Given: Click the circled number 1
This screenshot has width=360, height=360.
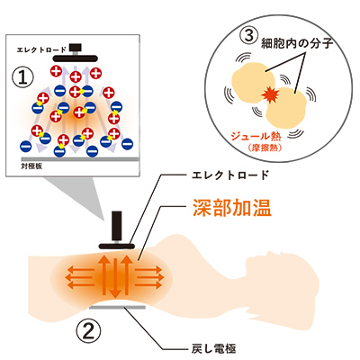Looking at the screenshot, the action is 22,77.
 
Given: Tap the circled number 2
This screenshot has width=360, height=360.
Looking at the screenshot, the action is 88,330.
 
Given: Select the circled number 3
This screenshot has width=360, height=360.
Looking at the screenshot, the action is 248,36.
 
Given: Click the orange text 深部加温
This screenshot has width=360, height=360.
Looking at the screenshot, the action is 231,207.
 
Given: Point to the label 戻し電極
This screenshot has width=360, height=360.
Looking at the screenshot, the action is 214,349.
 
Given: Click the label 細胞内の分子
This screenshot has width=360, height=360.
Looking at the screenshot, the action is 297,43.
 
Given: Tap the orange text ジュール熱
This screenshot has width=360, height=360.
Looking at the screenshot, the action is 256,137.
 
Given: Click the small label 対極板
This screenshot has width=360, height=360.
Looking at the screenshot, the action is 31,166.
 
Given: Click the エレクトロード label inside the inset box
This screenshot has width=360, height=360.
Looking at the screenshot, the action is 41,49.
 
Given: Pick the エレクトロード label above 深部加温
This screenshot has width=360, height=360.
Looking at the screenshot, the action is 230,175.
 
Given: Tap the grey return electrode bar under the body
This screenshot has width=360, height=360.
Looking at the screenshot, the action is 118,307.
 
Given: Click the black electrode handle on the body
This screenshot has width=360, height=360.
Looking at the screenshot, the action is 117,226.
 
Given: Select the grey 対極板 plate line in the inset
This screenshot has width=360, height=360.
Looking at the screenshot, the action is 80,159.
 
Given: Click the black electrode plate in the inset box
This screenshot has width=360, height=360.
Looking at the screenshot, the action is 75,58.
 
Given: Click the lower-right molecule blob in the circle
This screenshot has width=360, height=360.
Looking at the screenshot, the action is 285,108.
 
